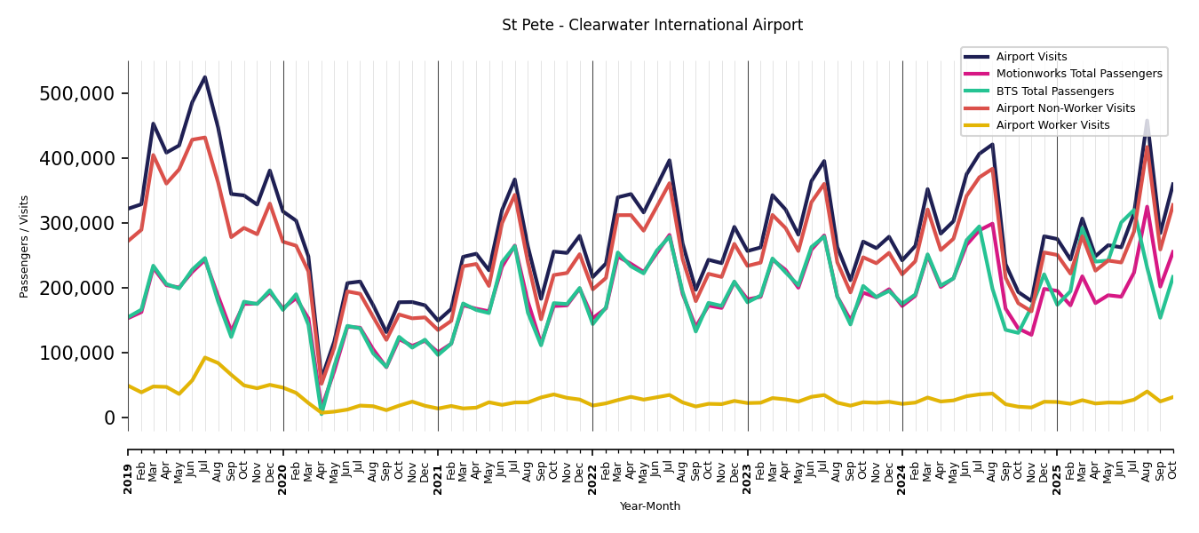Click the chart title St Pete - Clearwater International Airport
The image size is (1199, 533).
[x=652, y=26]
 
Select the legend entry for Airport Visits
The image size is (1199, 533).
[x=1031, y=57]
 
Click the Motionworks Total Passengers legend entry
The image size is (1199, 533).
[x=1078, y=74]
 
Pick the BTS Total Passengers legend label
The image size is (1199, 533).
[x=1054, y=91]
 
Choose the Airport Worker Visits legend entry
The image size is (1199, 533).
[x=1052, y=125]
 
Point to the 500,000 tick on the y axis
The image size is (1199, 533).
[x=77, y=94]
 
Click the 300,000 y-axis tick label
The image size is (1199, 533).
[x=77, y=224]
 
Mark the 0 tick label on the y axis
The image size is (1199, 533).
[x=109, y=418]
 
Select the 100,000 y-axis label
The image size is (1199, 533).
[x=77, y=354]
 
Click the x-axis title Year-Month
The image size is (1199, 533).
[x=650, y=506]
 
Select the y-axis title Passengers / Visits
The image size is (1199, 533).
[x=25, y=246]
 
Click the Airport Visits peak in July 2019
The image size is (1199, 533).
[x=205, y=77]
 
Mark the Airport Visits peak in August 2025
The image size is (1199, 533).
[x=1147, y=120]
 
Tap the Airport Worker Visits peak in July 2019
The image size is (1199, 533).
[x=205, y=358]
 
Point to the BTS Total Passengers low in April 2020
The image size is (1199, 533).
[x=322, y=412]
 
